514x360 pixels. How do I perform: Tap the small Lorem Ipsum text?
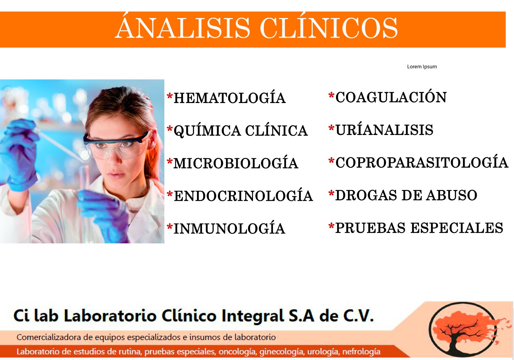(x=422, y=67)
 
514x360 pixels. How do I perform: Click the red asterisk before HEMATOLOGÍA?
(x=170, y=96)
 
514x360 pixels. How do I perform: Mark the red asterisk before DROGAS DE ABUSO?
(x=331, y=193)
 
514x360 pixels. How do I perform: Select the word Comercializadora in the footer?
(x=49, y=337)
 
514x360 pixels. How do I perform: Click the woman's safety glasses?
(x=116, y=145)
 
